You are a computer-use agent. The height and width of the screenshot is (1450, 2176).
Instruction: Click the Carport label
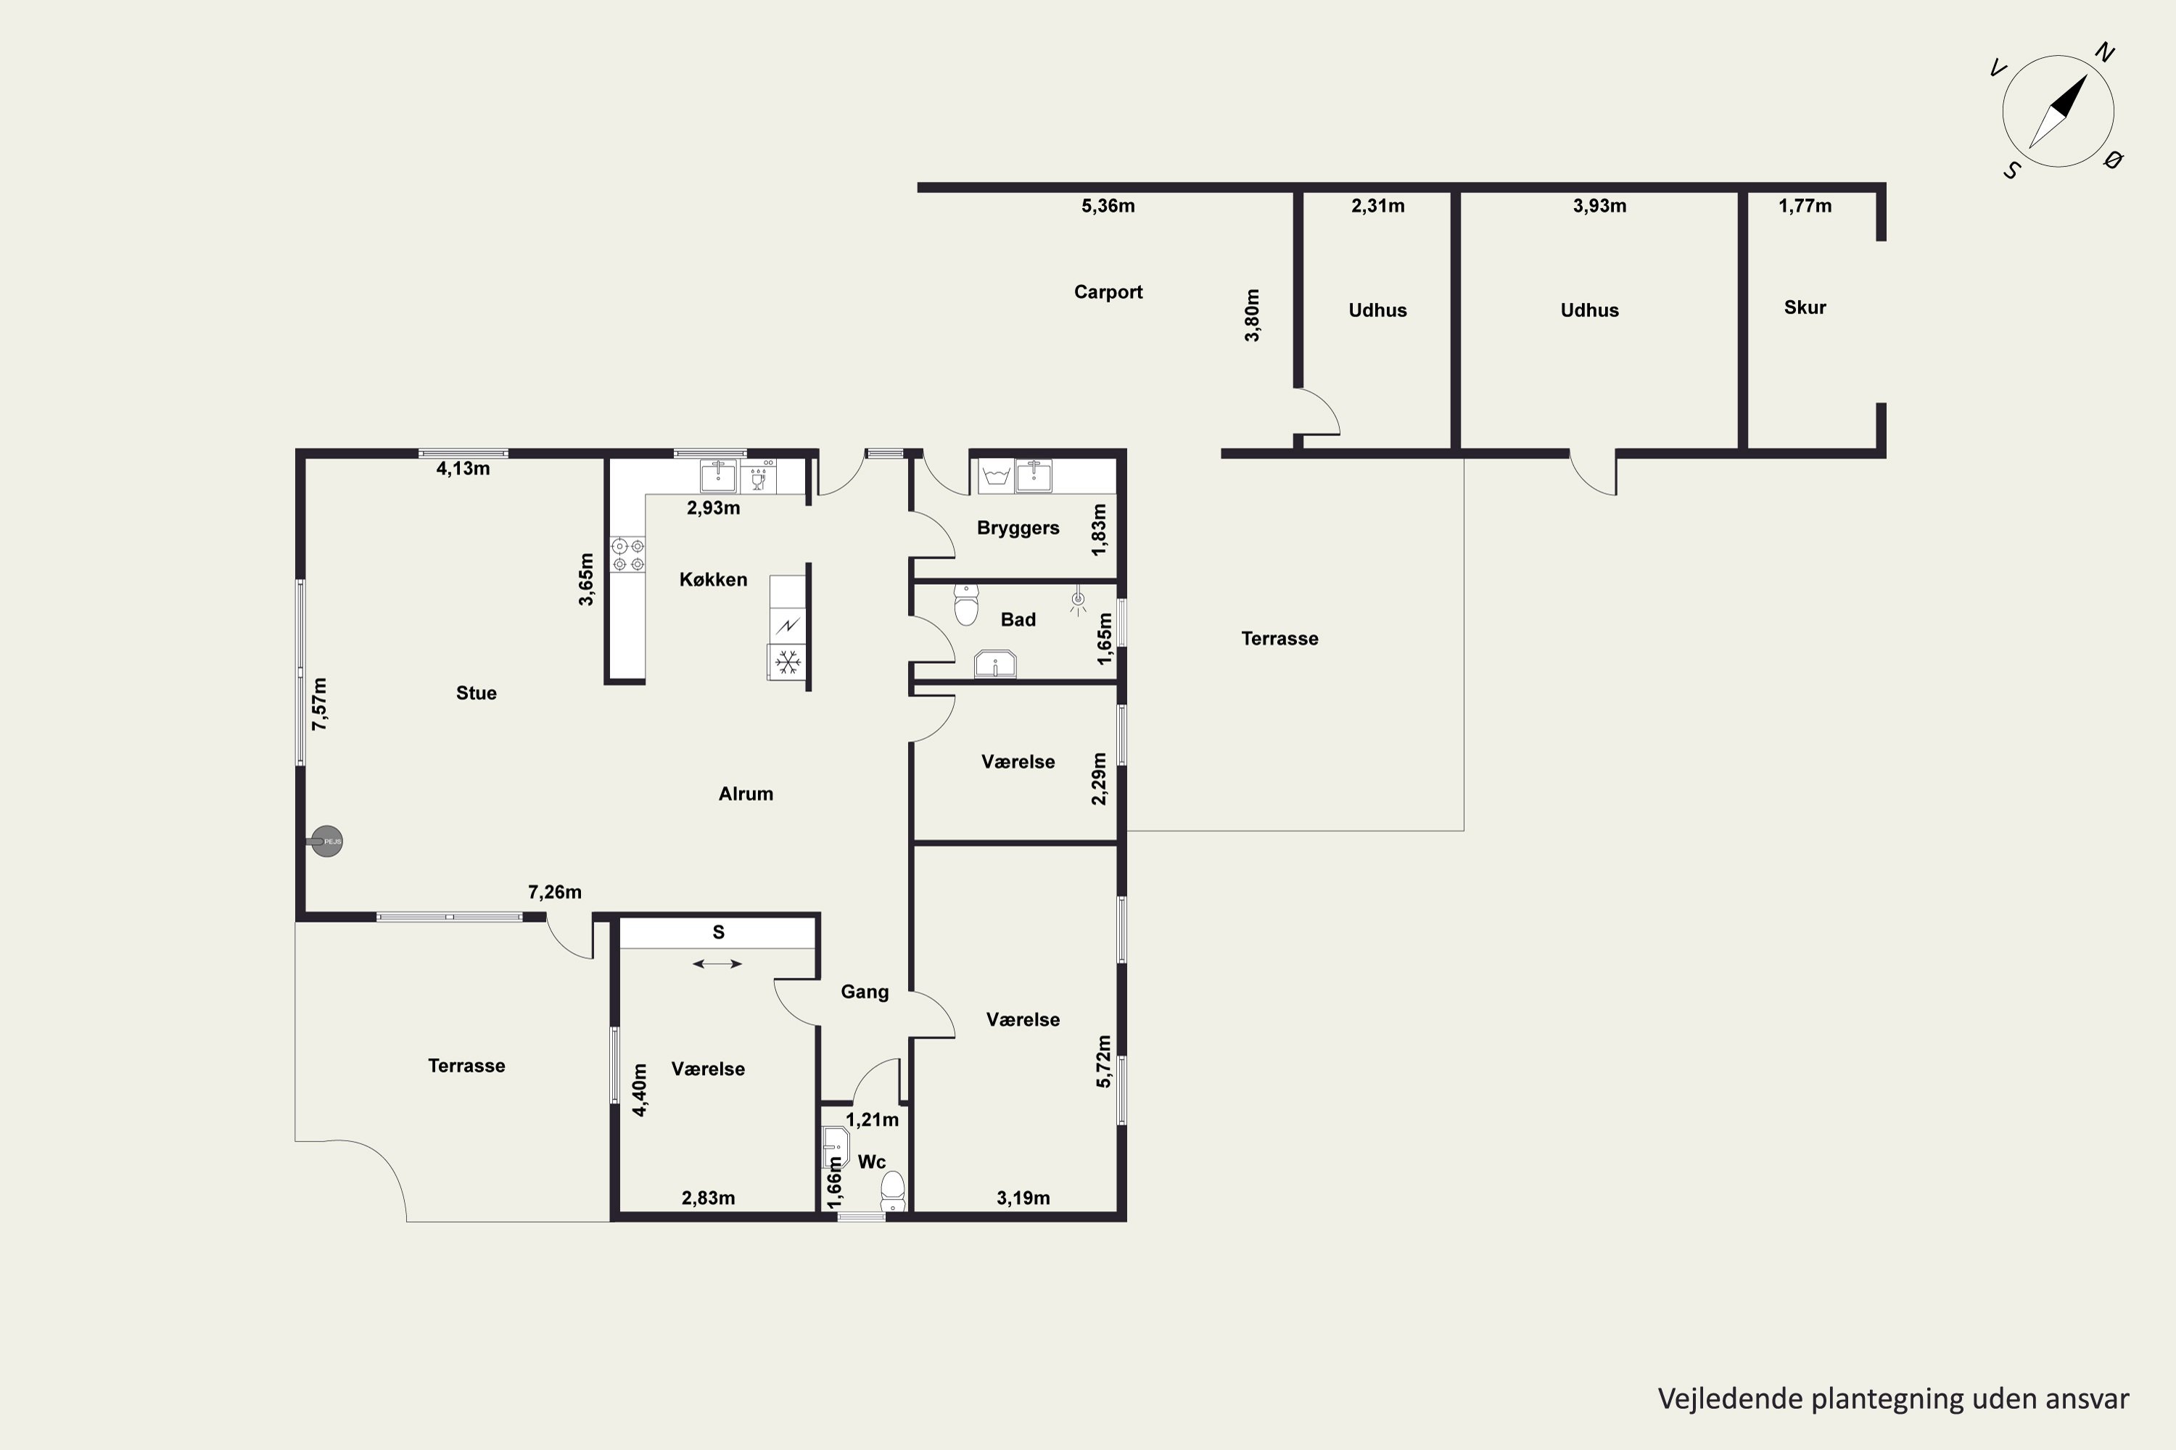pos(1108,292)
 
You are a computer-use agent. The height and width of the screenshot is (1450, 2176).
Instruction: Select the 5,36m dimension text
pos(1108,206)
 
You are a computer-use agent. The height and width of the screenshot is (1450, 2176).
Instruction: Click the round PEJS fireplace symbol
pos(326,842)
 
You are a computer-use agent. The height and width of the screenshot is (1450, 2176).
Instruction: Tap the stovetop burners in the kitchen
pos(628,555)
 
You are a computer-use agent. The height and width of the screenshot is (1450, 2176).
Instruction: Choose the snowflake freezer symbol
pos(787,662)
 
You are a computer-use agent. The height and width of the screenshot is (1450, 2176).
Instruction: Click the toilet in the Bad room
pos(966,605)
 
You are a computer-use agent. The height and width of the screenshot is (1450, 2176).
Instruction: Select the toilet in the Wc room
pos(892,1190)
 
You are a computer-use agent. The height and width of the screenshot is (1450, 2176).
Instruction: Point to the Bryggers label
pos(1018,528)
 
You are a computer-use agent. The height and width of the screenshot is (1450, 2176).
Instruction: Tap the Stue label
pos(476,694)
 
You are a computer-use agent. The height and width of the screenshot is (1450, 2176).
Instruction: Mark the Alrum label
pos(746,793)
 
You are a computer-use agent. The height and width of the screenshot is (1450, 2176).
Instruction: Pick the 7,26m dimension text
pos(554,892)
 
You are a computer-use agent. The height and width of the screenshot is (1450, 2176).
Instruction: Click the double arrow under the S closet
pos(717,964)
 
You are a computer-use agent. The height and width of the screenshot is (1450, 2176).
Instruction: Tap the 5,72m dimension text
pos(1103,1061)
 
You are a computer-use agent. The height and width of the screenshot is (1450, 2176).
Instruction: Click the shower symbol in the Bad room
pos(1078,602)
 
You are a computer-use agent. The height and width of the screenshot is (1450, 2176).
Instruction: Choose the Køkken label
pos(712,580)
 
